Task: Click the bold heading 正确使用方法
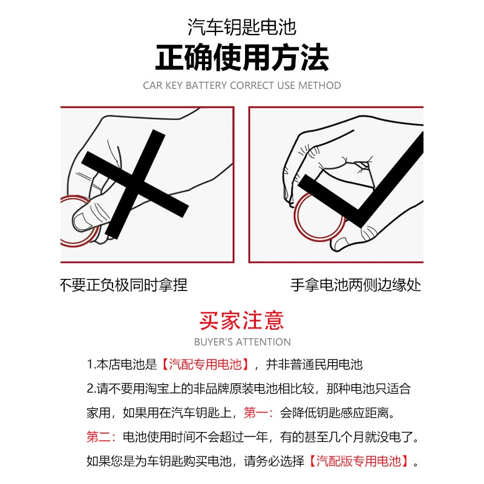(242, 57)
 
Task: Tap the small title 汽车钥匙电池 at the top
(242, 27)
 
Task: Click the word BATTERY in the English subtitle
(206, 85)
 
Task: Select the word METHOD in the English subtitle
(320, 85)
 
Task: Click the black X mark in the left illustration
(134, 185)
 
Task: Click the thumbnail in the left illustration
(81, 221)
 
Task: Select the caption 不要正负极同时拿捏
(124, 285)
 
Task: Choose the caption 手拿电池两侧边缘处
(356, 285)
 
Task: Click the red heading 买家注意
(241, 321)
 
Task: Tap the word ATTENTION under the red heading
(263, 342)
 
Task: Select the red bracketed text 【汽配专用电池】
(205, 365)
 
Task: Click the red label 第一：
(258, 413)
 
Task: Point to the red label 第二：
(101, 437)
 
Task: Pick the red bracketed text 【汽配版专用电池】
(359, 461)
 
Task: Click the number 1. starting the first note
(91, 365)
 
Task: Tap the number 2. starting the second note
(92, 388)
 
